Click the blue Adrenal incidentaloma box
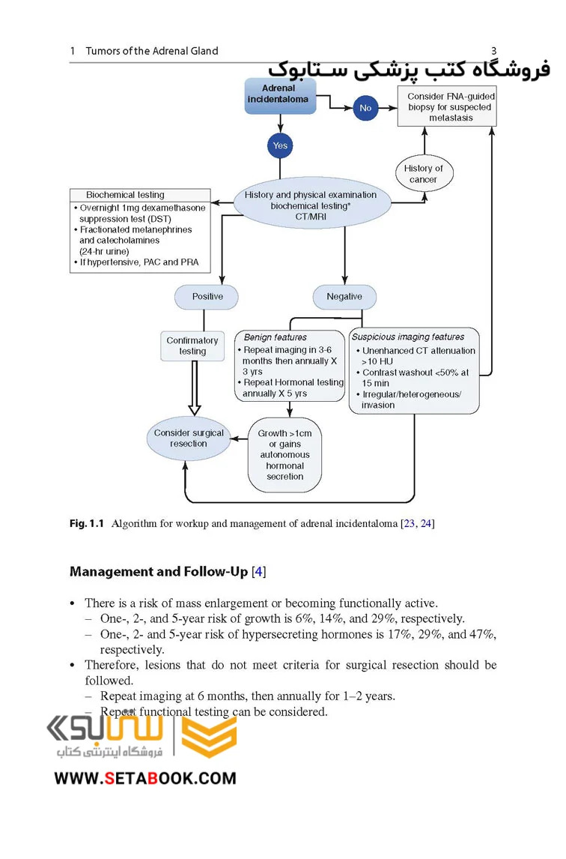(280, 95)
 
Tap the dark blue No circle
(365, 108)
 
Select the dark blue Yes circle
(280, 145)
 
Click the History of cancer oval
(424, 174)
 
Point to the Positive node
(207, 297)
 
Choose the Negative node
(344, 297)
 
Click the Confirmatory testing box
(192, 346)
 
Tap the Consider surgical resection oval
(189, 438)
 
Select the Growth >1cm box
(284, 455)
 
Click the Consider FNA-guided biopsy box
(447, 107)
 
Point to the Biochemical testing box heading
(125, 195)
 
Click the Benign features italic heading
(275, 337)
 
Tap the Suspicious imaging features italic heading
(408, 337)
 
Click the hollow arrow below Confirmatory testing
(195, 388)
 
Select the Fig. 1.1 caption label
(87, 524)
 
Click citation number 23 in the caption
(409, 524)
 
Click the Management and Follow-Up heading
(159, 572)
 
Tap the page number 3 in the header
(493, 51)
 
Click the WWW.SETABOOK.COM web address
(145, 779)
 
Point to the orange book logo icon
(209, 737)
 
